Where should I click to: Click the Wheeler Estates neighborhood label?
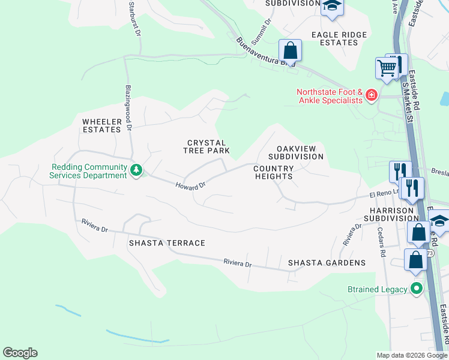click(102, 125)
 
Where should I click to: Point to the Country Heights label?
click(273, 173)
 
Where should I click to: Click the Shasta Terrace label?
click(167, 243)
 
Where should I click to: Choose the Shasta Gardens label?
click(327, 263)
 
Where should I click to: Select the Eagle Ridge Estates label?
click(339, 39)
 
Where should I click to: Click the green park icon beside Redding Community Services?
click(137, 170)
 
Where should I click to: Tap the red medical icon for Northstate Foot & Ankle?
click(372, 95)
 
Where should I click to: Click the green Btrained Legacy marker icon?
click(417, 289)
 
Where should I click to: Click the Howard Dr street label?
click(190, 186)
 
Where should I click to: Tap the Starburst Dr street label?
click(134, 19)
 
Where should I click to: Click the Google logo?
click(20, 353)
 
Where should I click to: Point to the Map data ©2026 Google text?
click(411, 355)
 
